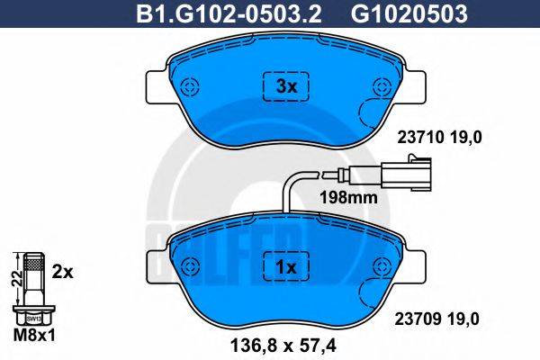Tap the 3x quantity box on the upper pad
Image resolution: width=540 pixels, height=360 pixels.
[285, 87]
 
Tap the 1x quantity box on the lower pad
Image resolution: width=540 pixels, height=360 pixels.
[285, 267]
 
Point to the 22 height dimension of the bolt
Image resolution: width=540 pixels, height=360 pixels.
[13, 280]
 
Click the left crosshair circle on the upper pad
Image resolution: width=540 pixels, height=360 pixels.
[190, 87]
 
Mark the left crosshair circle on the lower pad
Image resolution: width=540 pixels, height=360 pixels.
[190, 267]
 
